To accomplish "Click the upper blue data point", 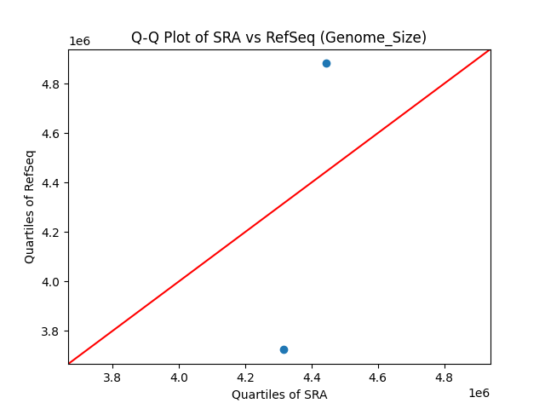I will click(326, 63).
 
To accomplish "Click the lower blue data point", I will click(284, 349).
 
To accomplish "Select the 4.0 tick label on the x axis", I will click(179, 377).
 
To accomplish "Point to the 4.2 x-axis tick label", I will click(245, 377).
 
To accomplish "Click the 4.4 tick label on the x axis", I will click(312, 377).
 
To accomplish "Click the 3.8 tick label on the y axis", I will click(53, 331).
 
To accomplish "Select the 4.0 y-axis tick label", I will click(53, 281).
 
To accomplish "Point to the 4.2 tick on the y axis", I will click(53, 233).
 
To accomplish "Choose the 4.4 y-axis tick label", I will click(53, 183).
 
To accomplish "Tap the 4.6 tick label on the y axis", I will click(53, 134).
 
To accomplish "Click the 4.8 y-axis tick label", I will click(53, 84).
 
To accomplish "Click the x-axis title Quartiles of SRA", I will click(279, 395).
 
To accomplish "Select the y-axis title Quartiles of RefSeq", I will click(30, 206).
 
